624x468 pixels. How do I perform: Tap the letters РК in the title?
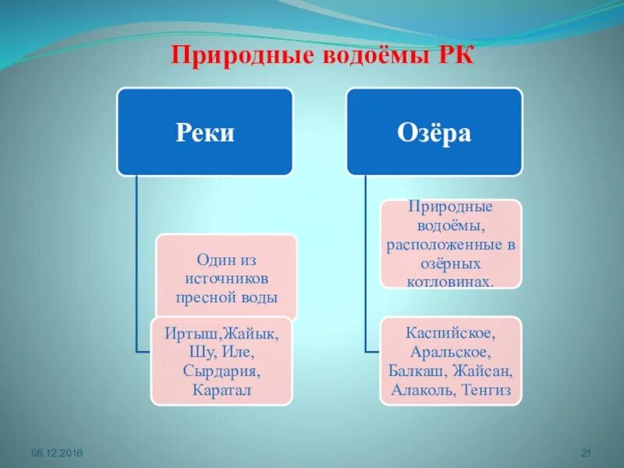[x=452, y=57]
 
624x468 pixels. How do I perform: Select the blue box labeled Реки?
[x=205, y=132]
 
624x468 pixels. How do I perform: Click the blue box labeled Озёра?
[x=434, y=132]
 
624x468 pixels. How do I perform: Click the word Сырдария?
[x=222, y=370]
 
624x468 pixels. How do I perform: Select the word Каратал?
[x=222, y=389]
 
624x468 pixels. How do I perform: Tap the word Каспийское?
[x=451, y=333]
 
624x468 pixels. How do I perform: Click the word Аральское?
[x=451, y=352]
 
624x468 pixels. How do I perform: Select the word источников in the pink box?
[x=227, y=278]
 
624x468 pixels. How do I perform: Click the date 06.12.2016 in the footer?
[x=57, y=453]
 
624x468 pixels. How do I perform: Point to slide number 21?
[x=588, y=453]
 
